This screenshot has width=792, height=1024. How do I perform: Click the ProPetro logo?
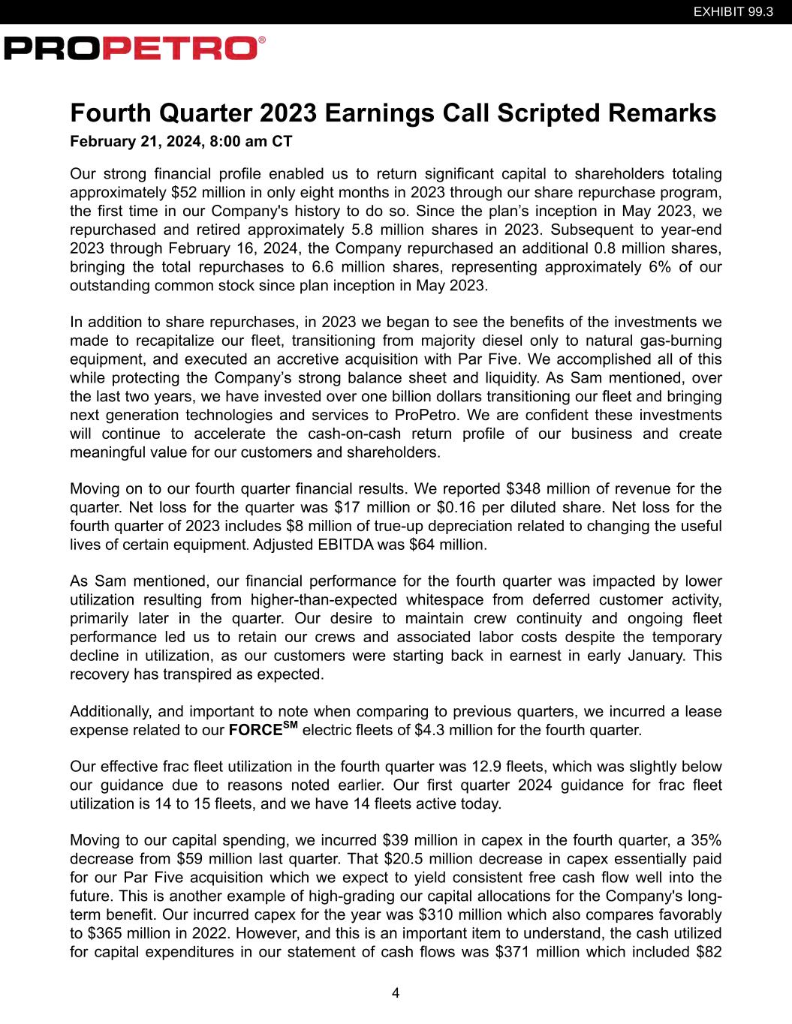click(x=134, y=49)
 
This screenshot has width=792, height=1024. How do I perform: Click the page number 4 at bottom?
click(x=396, y=994)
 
